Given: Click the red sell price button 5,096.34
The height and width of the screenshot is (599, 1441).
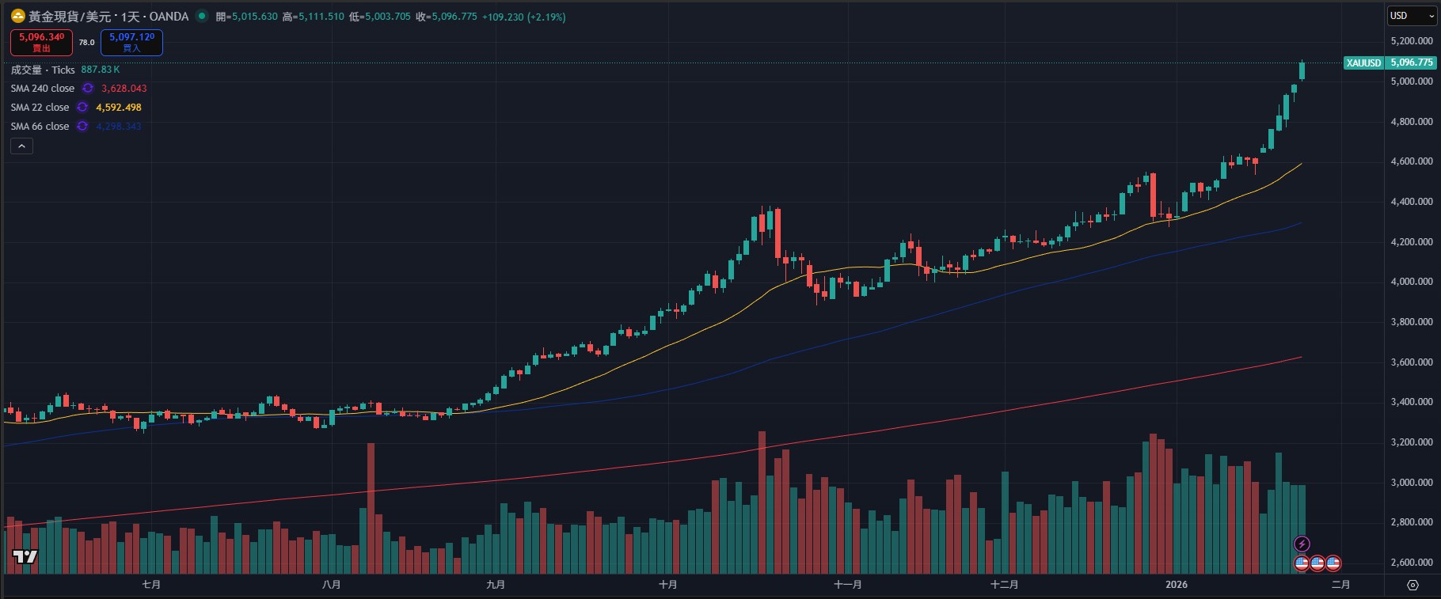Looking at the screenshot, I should (41, 42).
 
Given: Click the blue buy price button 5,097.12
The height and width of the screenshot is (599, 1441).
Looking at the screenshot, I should (131, 42).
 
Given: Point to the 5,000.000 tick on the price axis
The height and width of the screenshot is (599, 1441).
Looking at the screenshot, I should (1411, 82).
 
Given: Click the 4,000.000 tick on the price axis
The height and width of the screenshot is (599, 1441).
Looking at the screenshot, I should (1411, 282).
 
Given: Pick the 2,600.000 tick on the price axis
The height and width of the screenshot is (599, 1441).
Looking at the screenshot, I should (1411, 563).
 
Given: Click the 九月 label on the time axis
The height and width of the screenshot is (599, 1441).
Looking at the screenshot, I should (496, 585).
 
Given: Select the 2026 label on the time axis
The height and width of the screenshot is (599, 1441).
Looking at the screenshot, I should (1177, 585).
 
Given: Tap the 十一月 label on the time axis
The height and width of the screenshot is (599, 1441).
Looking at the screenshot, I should (848, 585).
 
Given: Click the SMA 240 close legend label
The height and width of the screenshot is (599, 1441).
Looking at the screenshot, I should (43, 89).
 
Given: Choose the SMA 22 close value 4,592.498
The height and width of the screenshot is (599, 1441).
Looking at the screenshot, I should (119, 108).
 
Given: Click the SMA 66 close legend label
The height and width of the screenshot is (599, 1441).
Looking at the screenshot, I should (40, 127).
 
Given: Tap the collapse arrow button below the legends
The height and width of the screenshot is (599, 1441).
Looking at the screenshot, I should (21, 146).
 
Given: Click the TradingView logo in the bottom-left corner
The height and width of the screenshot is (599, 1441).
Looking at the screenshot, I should (25, 557).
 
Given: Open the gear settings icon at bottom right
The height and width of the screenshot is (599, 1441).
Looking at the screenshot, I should (1412, 586).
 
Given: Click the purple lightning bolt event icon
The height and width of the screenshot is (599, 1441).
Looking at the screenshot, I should (1302, 544).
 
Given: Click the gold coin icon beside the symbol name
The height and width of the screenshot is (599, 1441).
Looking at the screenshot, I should (17, 16).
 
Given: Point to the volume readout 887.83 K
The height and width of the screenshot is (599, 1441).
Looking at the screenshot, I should (101, 70).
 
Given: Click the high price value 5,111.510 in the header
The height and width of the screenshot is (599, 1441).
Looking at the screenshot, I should (321, 17).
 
